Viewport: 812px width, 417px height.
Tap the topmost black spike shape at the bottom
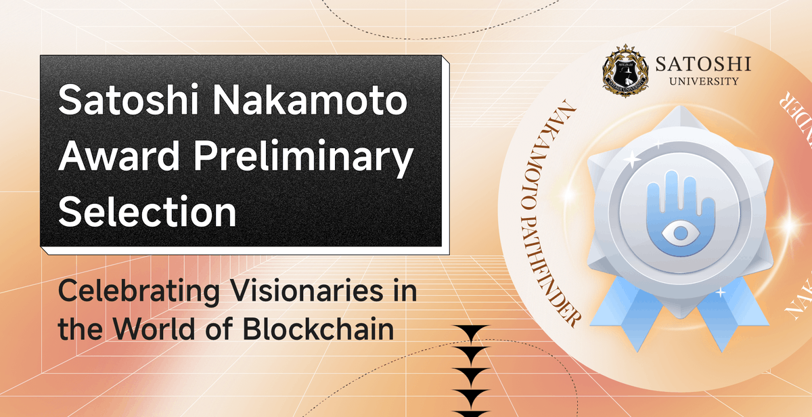click(472, 332)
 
